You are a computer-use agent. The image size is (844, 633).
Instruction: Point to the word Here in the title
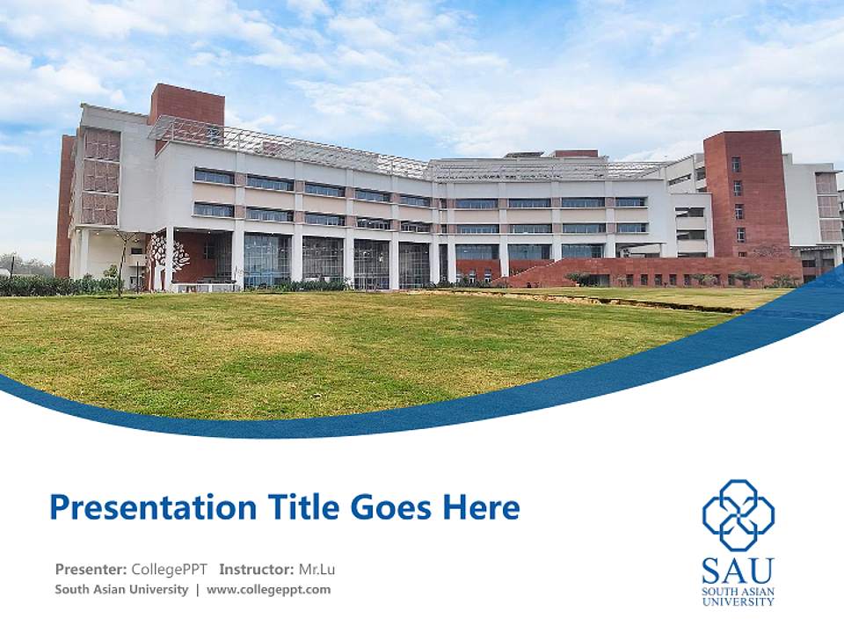(482, 508)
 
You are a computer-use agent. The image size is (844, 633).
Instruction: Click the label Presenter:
(91, 569)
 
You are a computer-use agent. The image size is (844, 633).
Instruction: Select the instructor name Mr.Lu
(317, 569)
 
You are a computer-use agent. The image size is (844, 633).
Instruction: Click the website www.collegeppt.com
(269, 590)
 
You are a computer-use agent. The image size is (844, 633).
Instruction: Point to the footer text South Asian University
(121, 590)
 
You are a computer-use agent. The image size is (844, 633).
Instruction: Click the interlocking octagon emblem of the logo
(738, 514)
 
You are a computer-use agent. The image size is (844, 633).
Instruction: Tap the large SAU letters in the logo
(738, 571)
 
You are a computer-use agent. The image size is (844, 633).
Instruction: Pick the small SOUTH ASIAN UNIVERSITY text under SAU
(738, 597)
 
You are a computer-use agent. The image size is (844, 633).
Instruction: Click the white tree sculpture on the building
(169, 255)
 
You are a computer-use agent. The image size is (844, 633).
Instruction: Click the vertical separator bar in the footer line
(198, 590)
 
